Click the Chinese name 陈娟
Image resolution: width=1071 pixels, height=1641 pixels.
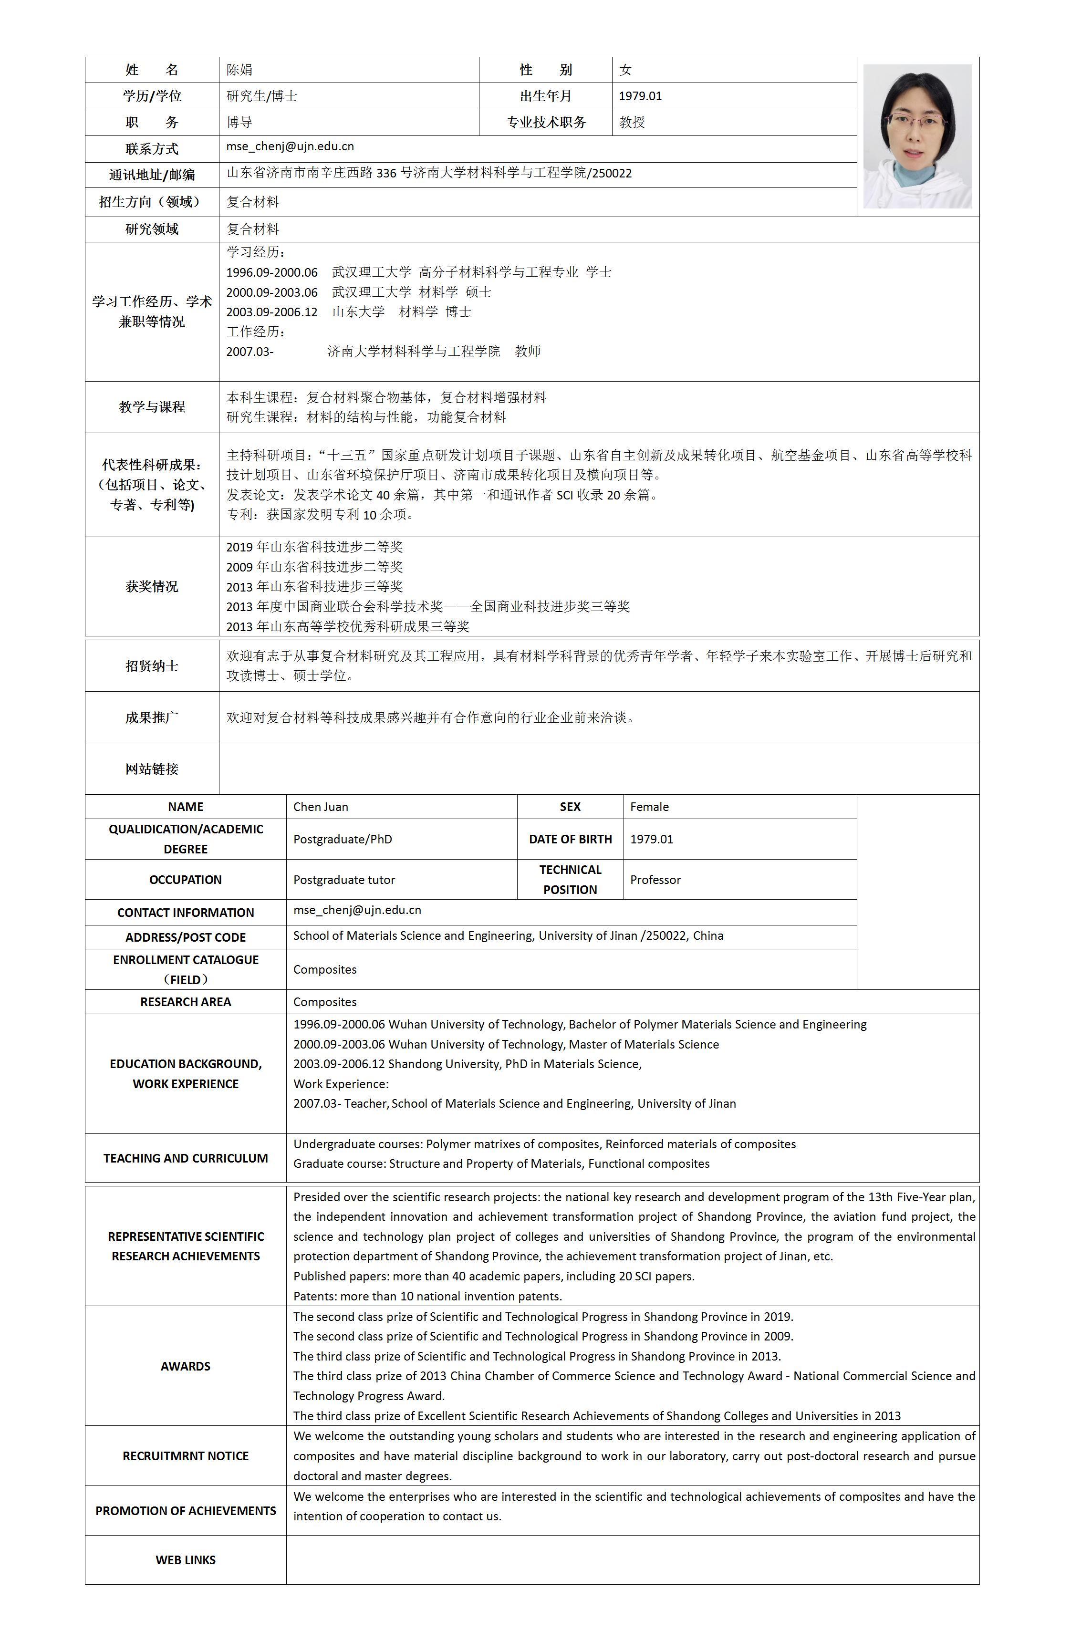239,70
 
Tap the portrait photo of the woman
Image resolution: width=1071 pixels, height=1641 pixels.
917,136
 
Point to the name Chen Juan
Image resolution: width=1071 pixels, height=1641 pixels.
321,807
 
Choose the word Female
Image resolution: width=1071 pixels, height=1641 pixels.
649,807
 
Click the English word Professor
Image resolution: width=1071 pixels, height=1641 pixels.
655,880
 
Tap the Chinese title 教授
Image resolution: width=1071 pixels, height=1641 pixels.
632,122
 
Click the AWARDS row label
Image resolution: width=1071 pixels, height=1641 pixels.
186,1367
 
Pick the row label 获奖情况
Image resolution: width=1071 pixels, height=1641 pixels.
152,587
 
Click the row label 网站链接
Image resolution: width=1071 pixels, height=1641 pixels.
152,769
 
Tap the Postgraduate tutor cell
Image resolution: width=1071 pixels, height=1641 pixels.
344,880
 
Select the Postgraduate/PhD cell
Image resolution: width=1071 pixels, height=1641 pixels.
343,839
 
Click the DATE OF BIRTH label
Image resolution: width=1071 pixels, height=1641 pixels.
571,839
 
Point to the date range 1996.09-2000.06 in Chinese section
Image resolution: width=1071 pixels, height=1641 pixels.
272,272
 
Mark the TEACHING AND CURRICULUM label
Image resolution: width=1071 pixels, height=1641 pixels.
186,1158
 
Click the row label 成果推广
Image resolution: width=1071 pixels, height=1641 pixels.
152,718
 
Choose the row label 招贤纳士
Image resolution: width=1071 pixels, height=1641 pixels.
152,666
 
